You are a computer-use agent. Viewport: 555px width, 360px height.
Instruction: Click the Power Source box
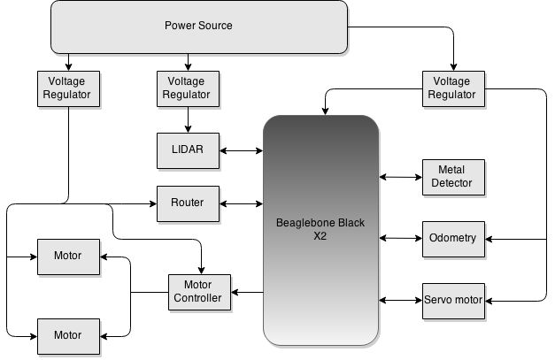click(x=198, y=27)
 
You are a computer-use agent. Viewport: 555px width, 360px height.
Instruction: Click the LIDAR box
click(x=187, y=150)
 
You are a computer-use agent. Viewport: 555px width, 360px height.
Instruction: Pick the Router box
click(x=187, y=203)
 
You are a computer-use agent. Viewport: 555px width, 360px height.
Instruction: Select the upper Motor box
click(x=68, y=257)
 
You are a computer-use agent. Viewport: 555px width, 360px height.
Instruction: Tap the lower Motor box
click(x=68, y=336)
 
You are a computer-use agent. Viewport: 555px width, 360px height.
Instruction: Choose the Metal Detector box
click(x=451, y=177)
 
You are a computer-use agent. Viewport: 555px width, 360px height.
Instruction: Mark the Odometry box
click(x=452, y=239)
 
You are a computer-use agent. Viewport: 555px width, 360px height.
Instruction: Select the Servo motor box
click(x=453, y=301)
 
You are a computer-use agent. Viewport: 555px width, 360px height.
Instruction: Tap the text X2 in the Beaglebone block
click(x=320, y=237)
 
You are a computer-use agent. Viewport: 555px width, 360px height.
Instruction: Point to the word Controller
click(x=197, y=299)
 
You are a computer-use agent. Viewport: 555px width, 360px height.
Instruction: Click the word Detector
click(x=451, y=184)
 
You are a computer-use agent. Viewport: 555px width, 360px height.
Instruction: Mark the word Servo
click(x=439, y=301)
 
